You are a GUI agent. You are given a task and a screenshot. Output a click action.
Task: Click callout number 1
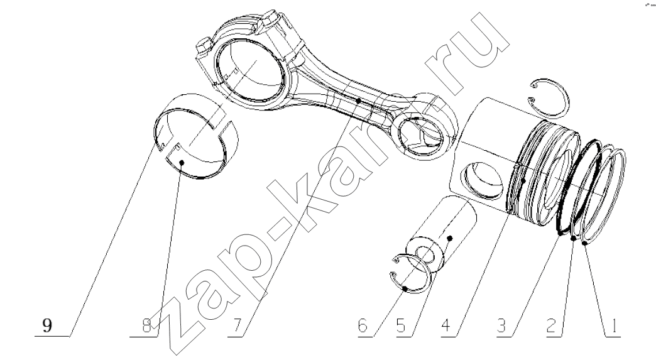coord(614,325)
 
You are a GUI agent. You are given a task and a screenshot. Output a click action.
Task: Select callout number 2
coord(552,325)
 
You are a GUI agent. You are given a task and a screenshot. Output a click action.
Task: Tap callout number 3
coord(501,325)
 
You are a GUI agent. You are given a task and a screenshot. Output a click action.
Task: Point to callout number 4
coord(446,325)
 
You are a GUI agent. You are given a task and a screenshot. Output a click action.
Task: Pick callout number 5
coord(402,325)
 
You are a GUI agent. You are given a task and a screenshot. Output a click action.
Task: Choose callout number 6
coord(363,325)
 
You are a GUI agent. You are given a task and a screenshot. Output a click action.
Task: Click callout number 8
coord(146,325)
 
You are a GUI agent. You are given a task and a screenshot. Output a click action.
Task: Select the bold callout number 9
coord(47,325)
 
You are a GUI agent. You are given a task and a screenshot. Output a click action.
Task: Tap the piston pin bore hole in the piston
coord(482,180)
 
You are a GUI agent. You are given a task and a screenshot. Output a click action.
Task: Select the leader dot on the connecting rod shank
coord(358,101)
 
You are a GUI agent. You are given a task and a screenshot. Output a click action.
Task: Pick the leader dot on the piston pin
coord(449,238)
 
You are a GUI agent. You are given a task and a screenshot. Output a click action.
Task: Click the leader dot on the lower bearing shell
coord(182,161)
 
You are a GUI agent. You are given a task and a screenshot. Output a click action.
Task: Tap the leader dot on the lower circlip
coord(405,288)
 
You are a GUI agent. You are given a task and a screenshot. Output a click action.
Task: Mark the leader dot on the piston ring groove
coord(523,180)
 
